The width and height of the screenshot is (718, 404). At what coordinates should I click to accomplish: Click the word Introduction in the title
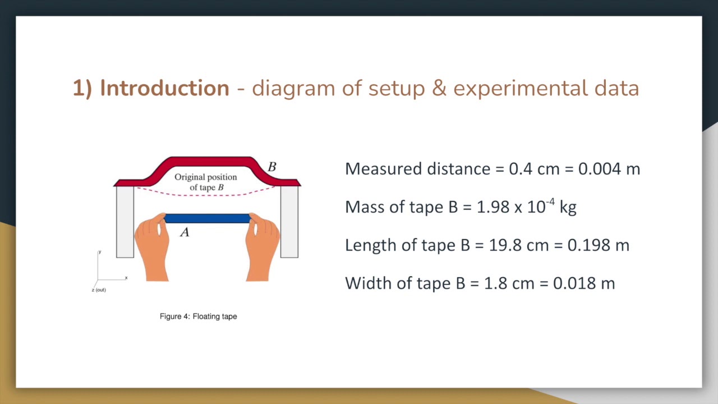(164, 89)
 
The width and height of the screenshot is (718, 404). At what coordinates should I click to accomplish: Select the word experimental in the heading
(521, 89)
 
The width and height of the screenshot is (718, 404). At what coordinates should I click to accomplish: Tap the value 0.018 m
(584, 283)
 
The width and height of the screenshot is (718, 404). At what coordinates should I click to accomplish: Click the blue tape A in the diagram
(207, 218)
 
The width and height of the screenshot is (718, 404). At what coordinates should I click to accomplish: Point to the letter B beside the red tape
(272, 167)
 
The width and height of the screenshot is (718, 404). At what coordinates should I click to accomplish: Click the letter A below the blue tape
(185, 232)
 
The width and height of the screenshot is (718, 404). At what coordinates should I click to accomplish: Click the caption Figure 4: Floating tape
(198, 316)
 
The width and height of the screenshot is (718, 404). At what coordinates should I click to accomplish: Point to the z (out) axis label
(99, 290)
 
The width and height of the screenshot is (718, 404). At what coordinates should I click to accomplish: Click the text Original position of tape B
(206, 182)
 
